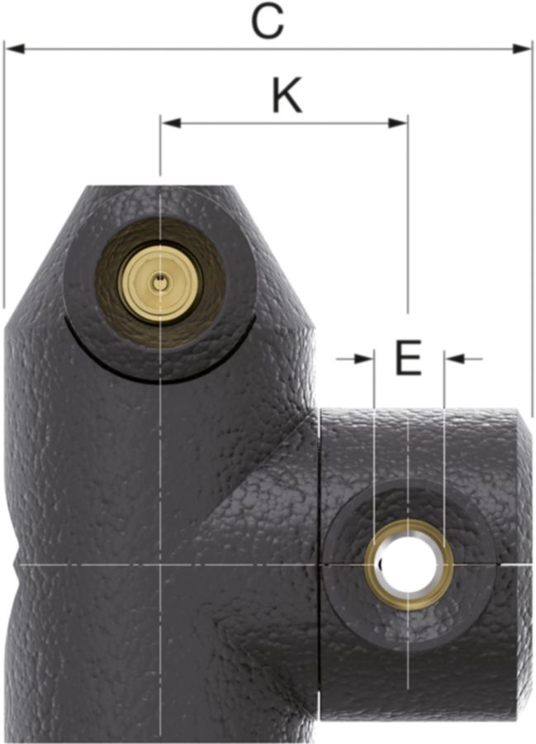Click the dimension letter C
click(268, 21)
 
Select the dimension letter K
click(287, 98)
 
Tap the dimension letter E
click(409, 359)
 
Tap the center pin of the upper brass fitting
click(159, 284)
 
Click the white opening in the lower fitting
click(408, 565)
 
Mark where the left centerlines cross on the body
click(159, 565)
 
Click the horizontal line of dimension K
click(248, 124)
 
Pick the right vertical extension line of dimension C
click(533, 231)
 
